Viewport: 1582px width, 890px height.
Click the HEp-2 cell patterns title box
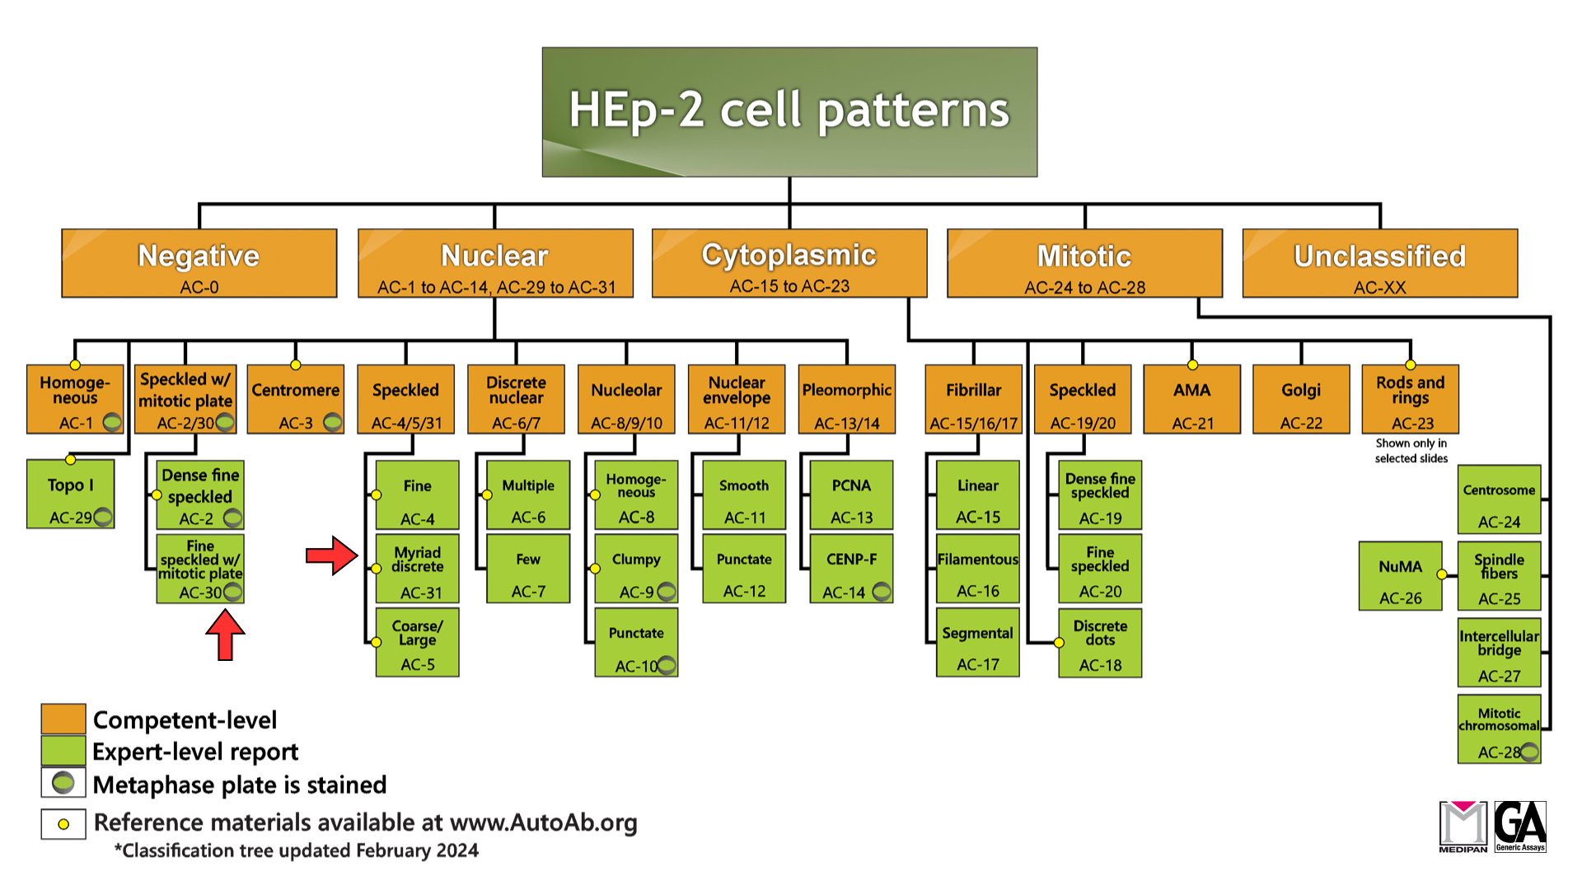click(x=789, y=111)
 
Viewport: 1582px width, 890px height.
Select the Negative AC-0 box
click(x=199, y=263)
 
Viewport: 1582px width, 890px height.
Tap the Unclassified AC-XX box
click(x=1379, y=263)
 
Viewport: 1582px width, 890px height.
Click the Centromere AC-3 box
click(x=295, y=400)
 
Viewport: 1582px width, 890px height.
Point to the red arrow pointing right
click(x=331, y=555)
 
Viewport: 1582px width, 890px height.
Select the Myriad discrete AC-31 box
click(x=417, y=569)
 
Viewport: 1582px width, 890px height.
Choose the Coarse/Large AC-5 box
click(x=417, y=643)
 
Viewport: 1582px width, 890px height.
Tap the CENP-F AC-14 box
click(x=851, y=569)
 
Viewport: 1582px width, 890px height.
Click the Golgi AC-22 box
click(x=1300, y=400)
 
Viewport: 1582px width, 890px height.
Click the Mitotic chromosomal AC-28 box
click(x=1499, y=729)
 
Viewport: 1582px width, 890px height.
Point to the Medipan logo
click(x=1463, y=827)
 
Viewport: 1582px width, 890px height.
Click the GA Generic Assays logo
click(x=1520, y=827)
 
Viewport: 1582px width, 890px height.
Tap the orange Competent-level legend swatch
click(x=63, y=719)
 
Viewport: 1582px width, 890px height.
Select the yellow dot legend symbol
click(x=63, y=824)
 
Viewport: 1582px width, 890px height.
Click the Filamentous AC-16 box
click(x=977, y=569)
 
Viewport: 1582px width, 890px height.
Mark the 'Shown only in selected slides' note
click(x=1411, y=451)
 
